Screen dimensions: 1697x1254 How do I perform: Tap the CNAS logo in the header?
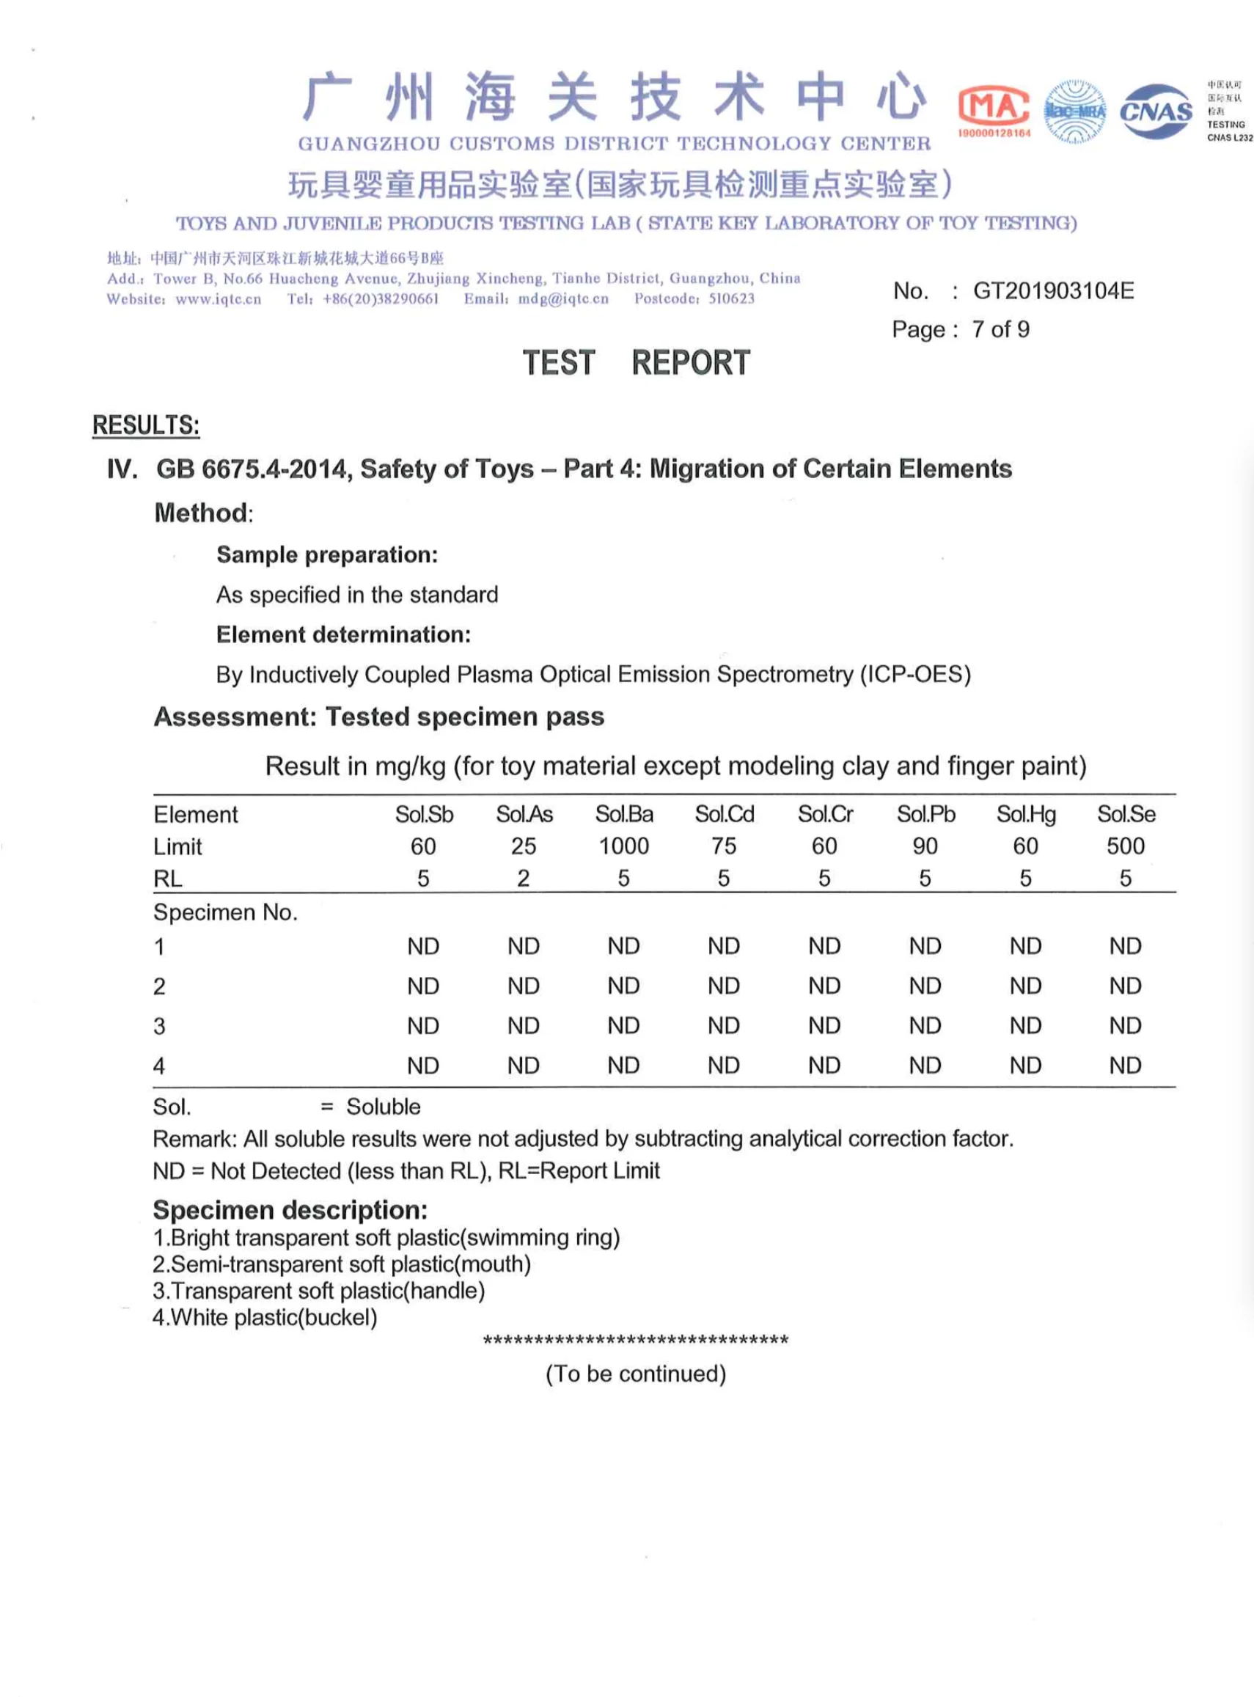click(1155, 111)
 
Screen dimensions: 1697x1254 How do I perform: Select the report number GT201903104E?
click(1053, 290)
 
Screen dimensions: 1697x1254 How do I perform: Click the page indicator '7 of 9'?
click(1000, 329)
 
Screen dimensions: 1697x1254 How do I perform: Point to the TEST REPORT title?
click(635, 363)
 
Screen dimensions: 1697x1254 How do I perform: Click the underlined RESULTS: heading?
click(146, 425)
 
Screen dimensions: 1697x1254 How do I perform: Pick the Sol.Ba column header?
click(624, 814)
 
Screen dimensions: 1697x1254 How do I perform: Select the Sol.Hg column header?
click(1025, 814)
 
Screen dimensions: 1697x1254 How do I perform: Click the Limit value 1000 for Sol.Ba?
click(624, 846)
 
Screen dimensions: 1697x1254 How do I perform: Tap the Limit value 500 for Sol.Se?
click(1125, 846)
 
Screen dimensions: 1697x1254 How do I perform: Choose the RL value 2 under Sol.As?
click(523, 878)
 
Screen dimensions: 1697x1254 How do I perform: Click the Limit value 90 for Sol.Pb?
click(925, 846)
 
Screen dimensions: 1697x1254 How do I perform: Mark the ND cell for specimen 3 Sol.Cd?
click(723, 1026)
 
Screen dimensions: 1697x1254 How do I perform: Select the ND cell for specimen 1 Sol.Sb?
click(423, 946)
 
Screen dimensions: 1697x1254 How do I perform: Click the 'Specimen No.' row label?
click(225, 912)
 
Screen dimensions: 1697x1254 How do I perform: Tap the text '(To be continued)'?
click(635, 1374)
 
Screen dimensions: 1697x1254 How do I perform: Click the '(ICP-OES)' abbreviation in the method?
click(914, 674)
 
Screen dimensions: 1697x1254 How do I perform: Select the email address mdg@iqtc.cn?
click(563, 299)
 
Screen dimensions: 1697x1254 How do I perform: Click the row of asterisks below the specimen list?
click(635, 1341)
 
